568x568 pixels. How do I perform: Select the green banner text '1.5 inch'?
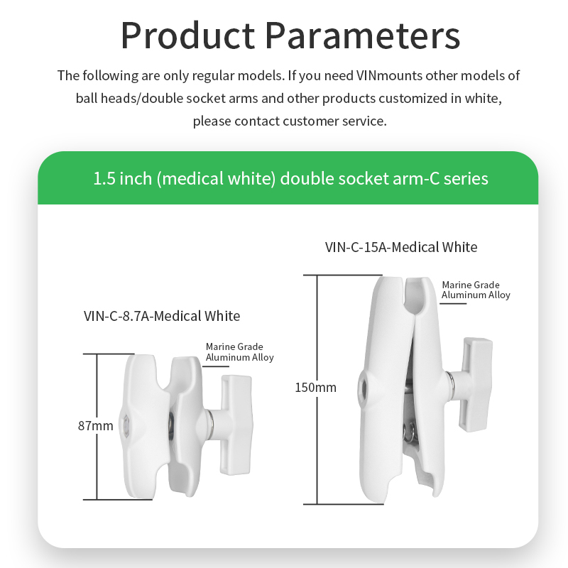tap(122, 177)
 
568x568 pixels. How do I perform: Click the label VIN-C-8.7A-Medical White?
tap(162, 315)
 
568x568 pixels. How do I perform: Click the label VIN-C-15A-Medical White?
tap(401, 247)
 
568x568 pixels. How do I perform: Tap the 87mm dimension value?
tap(95, 426)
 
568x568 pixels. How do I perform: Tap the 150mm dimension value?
tap(315, 388)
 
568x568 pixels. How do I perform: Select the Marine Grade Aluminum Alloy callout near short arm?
tap(239, 352)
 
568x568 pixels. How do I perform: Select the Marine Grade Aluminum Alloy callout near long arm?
tap(476, 290)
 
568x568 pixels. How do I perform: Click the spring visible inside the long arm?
tap(409, 430)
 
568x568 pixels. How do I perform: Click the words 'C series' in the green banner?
tap(455, 177)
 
